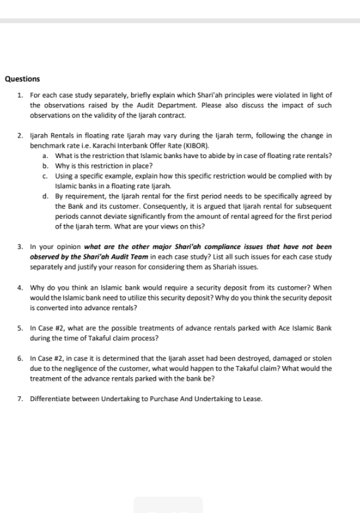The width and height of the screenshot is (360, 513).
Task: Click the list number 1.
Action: (x=21, y=94)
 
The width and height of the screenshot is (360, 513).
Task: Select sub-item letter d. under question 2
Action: (x=43, y=196)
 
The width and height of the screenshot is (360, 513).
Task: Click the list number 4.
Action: (x=21, y=287)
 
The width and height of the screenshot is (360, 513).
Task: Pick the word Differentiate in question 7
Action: (x=51, y=400)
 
